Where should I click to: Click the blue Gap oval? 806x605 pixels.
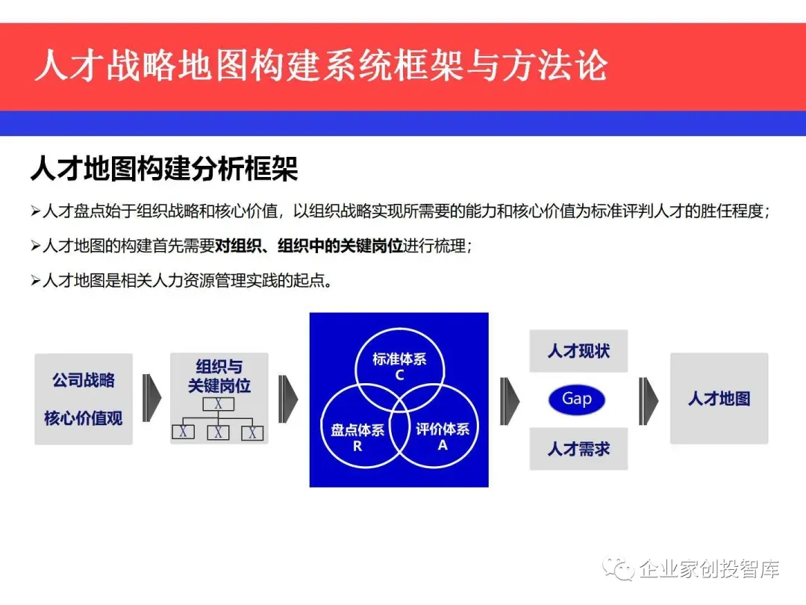(576, 400)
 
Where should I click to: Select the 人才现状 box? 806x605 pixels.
(578, 351)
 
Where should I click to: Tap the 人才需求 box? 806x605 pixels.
(578, 449)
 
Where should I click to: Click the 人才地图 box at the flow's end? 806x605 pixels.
(719, 399)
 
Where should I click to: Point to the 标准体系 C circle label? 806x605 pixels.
(399, 366)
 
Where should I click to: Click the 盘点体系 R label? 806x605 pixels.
(357, 437)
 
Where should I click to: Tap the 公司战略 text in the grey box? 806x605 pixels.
(84, 380)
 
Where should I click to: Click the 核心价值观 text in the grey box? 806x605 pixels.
(84, 418)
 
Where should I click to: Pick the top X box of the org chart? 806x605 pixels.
(219, 404)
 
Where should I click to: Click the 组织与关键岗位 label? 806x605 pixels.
(219, 376)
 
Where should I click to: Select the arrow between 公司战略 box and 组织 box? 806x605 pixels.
(151, 399)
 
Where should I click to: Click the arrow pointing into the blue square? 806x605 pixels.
(288, 399)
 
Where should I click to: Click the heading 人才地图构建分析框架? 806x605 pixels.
(164, 170)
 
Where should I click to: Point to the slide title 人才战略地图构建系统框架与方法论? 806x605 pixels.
(321, 66)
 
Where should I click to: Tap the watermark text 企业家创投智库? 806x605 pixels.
(710, 569)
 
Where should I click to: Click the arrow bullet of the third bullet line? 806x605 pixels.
(35, 282)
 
